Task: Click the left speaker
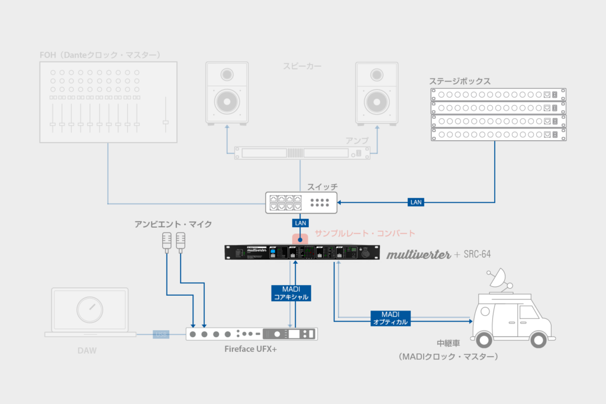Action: tap(227, 93)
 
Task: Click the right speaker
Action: tap(376, 93)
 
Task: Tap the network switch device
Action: tap(301, 202)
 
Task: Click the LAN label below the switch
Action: tap(299, 224)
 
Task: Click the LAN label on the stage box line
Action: tap(416, 202)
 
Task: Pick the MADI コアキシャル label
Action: tap(290, 293)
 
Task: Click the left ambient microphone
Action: tap(167, 240)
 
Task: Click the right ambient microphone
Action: tap(180, 240)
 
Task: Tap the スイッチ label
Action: tap(320, 186)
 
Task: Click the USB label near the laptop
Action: tap(162, 334)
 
